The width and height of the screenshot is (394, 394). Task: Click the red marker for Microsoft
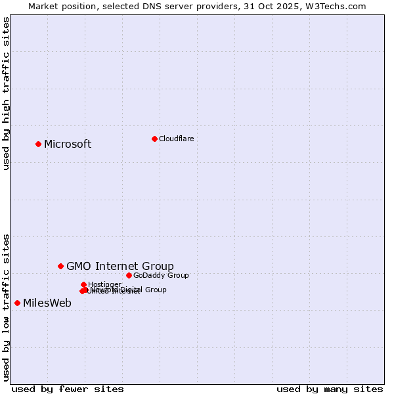pos(38,144)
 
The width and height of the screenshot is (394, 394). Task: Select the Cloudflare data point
pos(154,139)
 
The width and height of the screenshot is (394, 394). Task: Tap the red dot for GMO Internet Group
pos(60,266)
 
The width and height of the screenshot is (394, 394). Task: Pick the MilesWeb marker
pos(17,303)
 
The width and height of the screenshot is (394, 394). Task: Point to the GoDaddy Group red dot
pos(129,275)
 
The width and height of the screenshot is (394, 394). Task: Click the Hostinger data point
pos(83,284)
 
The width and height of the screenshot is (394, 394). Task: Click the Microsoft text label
pos(68,144)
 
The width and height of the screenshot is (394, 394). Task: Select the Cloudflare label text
pos(176,139)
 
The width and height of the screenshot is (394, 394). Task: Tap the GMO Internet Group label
pos(120,266)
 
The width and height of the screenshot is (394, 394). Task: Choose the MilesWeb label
pos(47,303)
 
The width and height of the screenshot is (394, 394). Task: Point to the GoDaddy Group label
pos(161,275)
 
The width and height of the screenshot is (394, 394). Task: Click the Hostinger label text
pos(104,284)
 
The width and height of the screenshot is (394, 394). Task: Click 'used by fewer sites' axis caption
pos(68,389)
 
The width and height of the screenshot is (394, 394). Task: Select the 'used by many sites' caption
pos(330,389)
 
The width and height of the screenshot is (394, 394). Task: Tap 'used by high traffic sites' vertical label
pos(6,93)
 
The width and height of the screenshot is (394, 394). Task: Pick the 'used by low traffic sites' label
pos(6,307)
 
